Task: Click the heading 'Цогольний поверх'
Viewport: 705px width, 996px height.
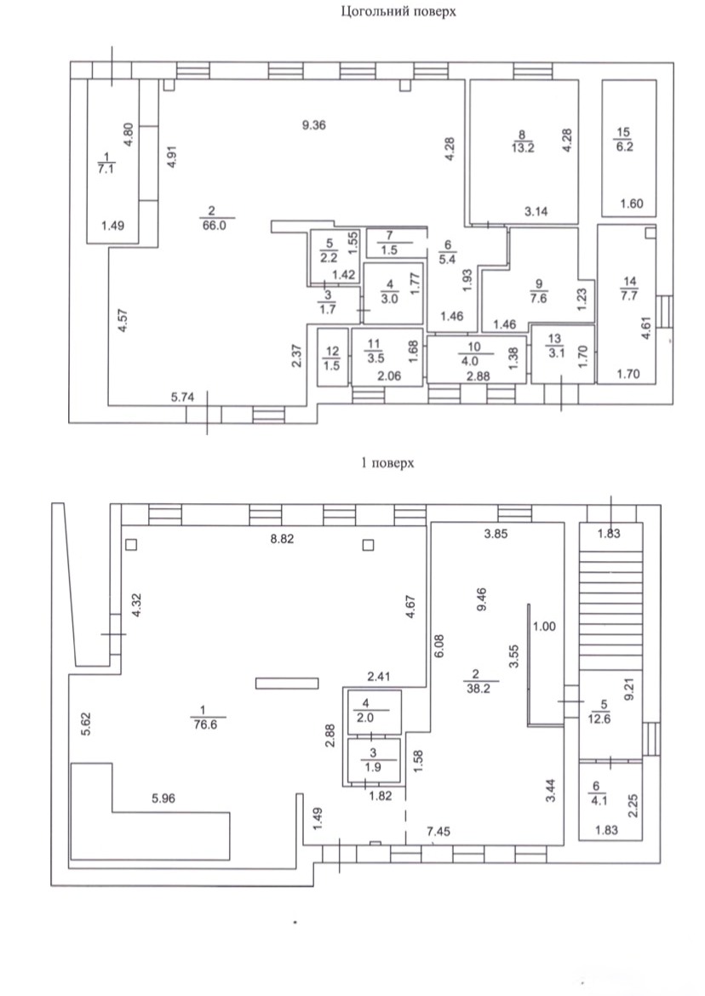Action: click(x=398, y=11)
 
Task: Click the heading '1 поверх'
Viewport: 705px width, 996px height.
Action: click(x=387, y=462)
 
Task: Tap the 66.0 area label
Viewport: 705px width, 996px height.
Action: click(x=214, y=225)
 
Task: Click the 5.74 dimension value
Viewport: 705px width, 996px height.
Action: click(x=182, y=397)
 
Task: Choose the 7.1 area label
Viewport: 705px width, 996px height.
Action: click(x=106, y=169)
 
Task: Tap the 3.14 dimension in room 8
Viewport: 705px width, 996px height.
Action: click(x=536, y=212)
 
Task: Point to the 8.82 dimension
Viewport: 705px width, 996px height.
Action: click(x=282, y=540)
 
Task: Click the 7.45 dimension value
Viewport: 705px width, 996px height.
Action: click(x=438, y=832)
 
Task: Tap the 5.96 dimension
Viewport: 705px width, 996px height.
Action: click(x=163, y=799)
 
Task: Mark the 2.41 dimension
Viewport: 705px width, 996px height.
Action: click(x=379, y=677)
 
